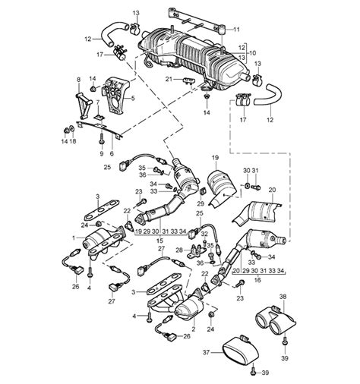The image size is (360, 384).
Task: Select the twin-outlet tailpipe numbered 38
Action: [x=276, y=319]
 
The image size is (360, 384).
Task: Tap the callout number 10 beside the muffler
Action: [x=252, y=53]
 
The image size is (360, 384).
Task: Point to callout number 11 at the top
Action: [x=236, y=30]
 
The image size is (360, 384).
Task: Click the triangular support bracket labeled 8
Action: [x=84, y=104]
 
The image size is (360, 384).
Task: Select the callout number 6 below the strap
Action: [x=112, y=153]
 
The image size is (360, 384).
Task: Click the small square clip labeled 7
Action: [x=99, y=117]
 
